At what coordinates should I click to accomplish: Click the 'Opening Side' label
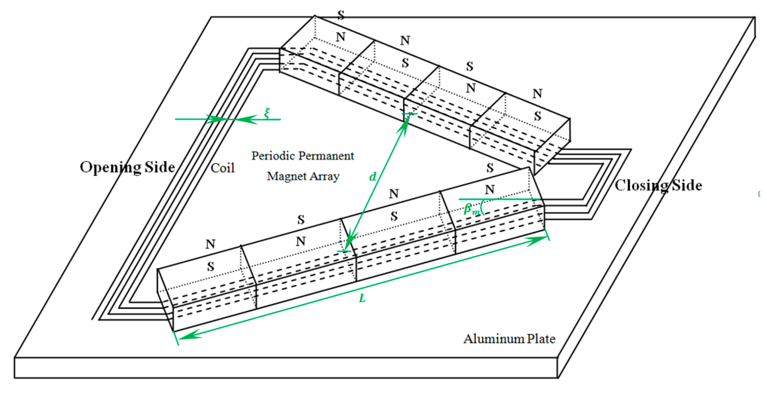coord(128,168)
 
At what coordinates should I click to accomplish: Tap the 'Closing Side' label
coord(658,186)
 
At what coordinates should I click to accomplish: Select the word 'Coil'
coord(222,168)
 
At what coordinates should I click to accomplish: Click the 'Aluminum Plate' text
coord(509,339)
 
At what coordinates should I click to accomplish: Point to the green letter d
coord(372,177)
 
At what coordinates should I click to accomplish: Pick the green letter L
coord(362,298)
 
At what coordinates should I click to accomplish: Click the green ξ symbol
coord(267,113)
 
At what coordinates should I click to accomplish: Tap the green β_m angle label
coord(471,209)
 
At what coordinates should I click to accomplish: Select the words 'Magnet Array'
coord(303,176)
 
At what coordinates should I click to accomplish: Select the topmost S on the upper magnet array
coord(341,15)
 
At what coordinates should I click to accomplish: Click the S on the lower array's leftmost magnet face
coord(210,267)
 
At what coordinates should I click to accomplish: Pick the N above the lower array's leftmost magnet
coord(210,244)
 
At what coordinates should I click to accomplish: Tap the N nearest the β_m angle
coord(490,190)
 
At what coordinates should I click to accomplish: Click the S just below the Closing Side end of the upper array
coord(490,168)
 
